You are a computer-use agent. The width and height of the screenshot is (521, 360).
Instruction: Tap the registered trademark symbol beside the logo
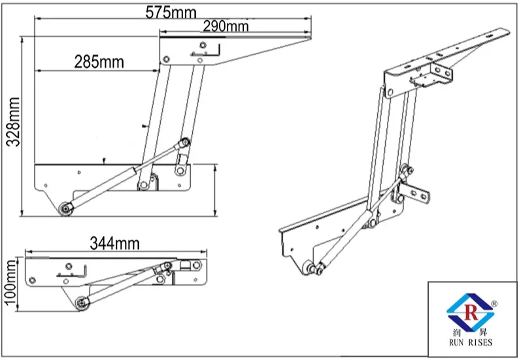click(494, 303)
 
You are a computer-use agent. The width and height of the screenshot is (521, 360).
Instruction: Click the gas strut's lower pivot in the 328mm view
click(66, 208)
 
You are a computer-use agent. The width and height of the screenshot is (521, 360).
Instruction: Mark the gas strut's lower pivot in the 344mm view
click(81, 303)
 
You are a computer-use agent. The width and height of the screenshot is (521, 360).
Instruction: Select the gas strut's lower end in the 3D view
click(316, 268)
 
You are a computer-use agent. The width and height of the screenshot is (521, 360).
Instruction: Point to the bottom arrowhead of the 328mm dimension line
click(24, 214)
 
